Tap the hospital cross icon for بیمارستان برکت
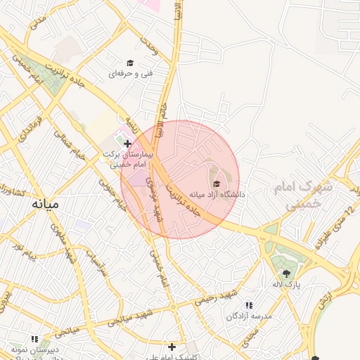(127, 143)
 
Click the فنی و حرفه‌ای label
(130, 72)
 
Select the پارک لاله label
(286, 283)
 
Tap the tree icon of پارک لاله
(286, 274)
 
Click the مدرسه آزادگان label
(249, 316)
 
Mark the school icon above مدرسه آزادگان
(249, 305)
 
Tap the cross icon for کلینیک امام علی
(172, 347)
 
